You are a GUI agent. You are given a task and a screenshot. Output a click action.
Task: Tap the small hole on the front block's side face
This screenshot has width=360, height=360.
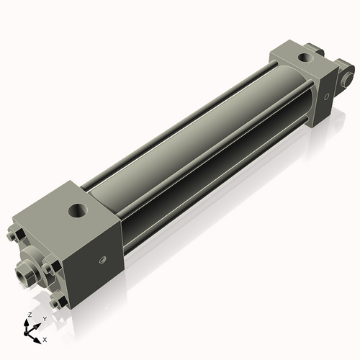click(x=102, y=260)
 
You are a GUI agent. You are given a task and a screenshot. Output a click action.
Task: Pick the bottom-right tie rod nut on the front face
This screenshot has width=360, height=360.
click(x=63, y=303)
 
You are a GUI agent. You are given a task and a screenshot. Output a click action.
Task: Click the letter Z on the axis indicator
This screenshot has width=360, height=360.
click(x=28, y=315)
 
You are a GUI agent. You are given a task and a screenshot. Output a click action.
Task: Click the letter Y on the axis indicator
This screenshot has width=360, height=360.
click(x=44, y=318)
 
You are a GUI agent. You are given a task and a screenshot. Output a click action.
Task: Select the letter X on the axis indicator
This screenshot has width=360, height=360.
click(x=45, y=338)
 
